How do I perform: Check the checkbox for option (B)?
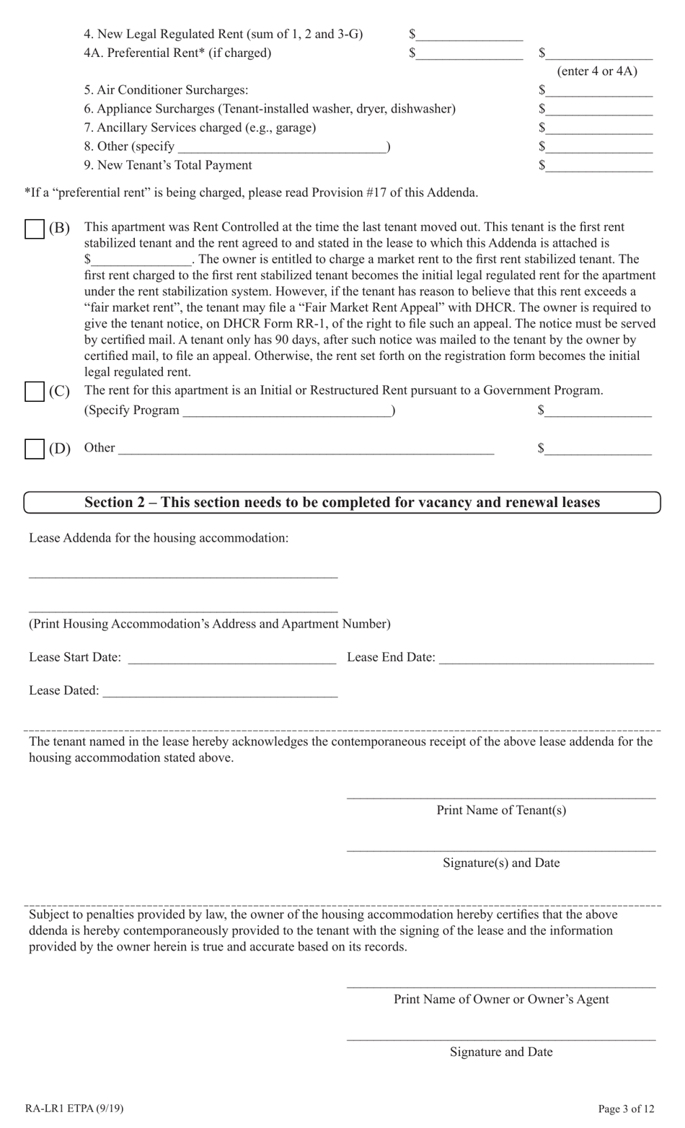(35, 229)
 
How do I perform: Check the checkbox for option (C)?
(35, 392)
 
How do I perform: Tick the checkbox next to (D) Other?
(35, 449)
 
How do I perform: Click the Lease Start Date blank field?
(231, 658)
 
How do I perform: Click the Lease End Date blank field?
(546, 658)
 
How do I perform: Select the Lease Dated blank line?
(220, 691)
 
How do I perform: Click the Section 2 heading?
(342, 503)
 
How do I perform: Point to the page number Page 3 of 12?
(626, 1109)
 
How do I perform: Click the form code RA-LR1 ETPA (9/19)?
(68, 1109)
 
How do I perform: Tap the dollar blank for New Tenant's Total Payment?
(598, 166)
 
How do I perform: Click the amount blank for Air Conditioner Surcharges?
(598, 91)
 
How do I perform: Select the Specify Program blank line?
(287, 411)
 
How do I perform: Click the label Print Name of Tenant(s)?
(501, 811)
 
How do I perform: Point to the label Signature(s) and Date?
(501, 863)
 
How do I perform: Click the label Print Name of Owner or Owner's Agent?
(501, 1000)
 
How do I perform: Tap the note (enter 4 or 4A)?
(597, 71)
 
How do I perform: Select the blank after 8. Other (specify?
(281, 147)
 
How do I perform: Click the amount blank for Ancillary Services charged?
(598, 128)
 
